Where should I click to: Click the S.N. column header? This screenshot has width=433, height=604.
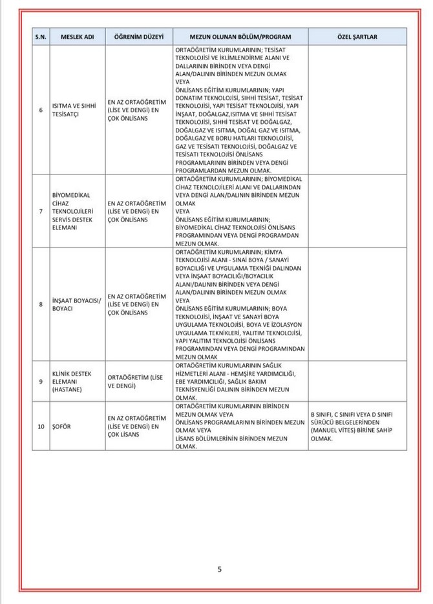pyautogui.click(x=41, y=37)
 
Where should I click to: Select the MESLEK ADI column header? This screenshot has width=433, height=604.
pyautogui.click(x=78, y=37)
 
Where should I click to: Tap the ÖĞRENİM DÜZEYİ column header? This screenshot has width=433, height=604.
pyautogui.click(x=138, y=37)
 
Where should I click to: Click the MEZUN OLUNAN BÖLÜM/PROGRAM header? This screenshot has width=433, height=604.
pyautogui.click(x=240, y=37)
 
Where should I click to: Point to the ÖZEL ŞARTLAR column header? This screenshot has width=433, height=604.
pyautogui.click(x=357, y=37)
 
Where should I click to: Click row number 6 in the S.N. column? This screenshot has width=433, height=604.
pyautogui.click(x=41, y=110)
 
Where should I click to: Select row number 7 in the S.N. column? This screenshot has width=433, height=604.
pyautogui.click(x=41, y=211)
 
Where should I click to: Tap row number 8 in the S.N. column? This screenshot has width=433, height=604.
pyautogui.click(x=41, y=304)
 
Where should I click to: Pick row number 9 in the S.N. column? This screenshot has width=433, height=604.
pyautogui.click(x=41, y=381)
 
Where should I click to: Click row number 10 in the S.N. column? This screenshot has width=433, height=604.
pyautogui.click(x=41, y=426)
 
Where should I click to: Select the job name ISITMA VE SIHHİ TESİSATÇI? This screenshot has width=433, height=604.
pyautogui.click(x=72, y=110)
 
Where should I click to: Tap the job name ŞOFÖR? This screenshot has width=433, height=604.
pyautogui.click(x=61, y=426)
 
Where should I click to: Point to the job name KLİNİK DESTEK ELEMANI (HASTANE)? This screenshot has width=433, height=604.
pyautogui.click(x=72, y=381)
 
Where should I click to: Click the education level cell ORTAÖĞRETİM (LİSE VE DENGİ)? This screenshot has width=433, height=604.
pyautogui.click(x=135, y=381)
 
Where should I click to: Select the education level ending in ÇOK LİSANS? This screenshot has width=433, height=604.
pyautogui.click(x=136, y=426)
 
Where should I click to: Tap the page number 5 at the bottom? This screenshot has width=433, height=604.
pyautogui.click(x=220, y=569)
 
